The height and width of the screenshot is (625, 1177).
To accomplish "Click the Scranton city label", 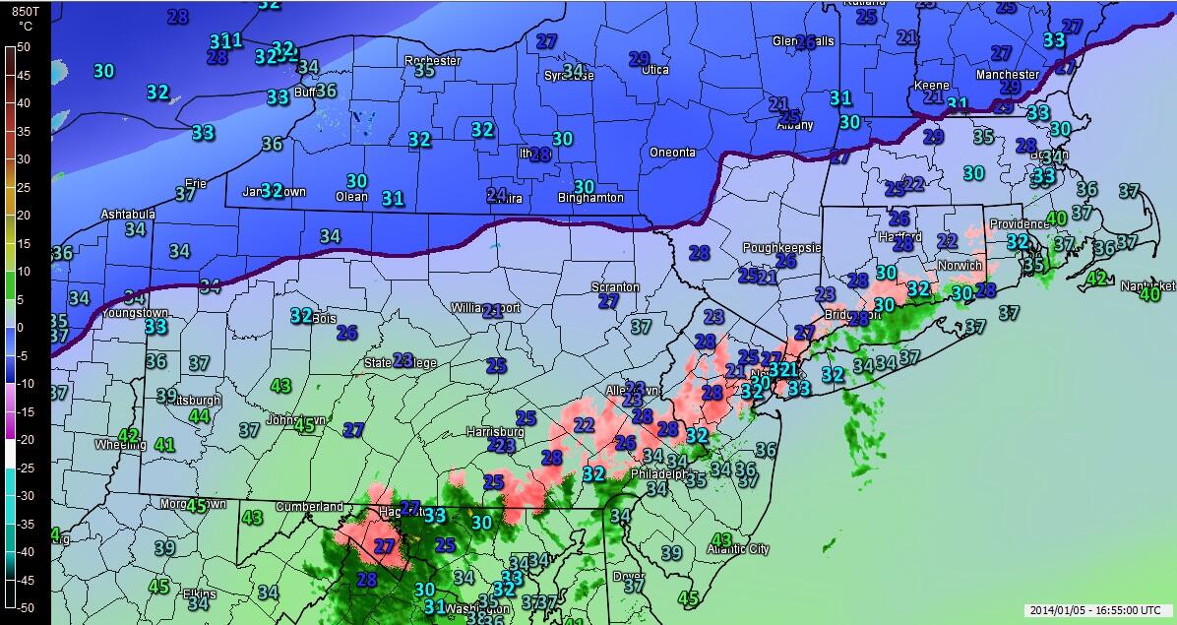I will tap(615, 287).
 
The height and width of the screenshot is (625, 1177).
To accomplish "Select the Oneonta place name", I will tap(672, 153).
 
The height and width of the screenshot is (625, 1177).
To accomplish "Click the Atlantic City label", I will tap(738, 549).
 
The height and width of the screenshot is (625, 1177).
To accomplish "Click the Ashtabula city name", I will tap(128, 215).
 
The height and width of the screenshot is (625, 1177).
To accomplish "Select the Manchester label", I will tap(1007, 75).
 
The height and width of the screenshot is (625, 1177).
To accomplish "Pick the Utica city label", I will tap(655, 70).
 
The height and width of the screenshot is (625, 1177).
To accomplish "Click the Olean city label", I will tap(351, 197).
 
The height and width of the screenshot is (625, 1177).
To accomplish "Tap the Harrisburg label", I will tap(495, 432).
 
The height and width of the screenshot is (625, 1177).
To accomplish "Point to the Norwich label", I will tap(959, 266).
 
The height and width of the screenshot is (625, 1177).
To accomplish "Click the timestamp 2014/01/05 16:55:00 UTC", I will tap(1097, 610).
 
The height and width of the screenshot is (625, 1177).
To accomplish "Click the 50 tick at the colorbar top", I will tap(24, 46).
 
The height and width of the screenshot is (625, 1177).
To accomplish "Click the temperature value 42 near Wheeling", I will tap(129, 435).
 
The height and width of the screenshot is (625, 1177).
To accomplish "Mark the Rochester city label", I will tap(432, 61).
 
